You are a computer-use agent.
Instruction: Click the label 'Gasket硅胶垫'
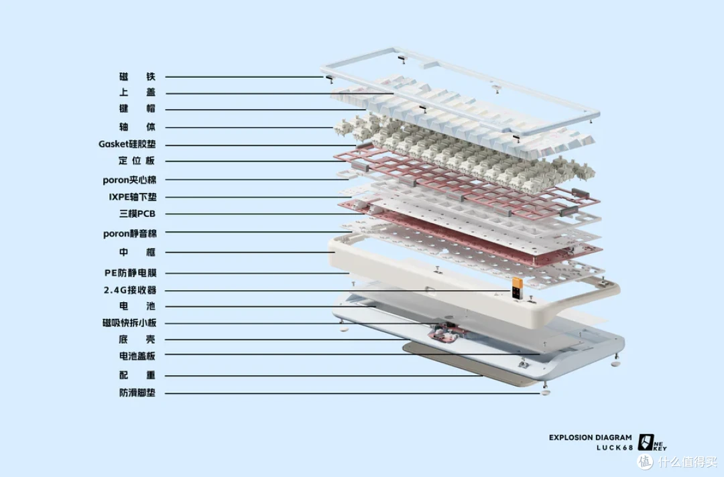(x=127, y=144)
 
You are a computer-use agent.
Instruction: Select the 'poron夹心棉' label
(x=129, y=180)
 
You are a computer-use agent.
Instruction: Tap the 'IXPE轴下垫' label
(x=133, y=197)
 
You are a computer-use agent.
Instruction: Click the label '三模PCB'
(x=137, y=214)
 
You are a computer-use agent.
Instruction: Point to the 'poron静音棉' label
(x=130, y=233)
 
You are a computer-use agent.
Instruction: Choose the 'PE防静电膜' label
(x=130, y=273)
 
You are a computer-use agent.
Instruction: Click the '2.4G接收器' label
(x=130, y=290)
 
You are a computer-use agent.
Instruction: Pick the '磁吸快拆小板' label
(x=129, y=322)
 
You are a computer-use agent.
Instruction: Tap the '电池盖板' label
(x=137, y=356)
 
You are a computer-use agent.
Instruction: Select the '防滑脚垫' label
(x=137, y=393)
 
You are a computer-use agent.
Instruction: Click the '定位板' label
(x=137, y=161)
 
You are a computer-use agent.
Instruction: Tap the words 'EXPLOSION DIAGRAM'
(x=590, y=437)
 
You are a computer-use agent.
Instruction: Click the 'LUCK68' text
(x=615, y=448)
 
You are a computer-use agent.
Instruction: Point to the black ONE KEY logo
(x=652, y=442)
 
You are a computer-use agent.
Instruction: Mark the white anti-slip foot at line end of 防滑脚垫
(x=545, y=393)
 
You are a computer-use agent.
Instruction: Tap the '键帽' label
(x=137, y=109)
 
